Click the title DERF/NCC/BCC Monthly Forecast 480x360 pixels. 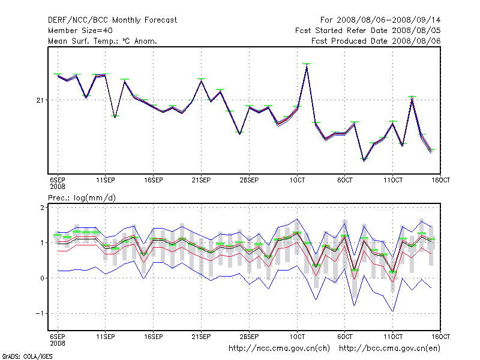[112, 20]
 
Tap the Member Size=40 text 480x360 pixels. [80, 31]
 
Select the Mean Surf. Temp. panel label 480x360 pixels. [102, 41]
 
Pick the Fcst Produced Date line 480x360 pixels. [376, 41]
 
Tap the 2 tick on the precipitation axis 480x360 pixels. [43, 208]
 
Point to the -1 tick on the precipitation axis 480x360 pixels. [41, 313]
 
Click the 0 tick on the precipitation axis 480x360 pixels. [43, 278]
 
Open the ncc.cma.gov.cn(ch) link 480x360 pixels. [280, 348]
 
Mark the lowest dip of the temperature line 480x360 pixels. [364, 161]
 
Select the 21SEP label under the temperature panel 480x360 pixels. [201, 179]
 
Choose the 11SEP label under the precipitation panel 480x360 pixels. [106, 335]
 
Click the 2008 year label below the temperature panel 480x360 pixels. [57, 187]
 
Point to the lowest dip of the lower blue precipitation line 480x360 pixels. [392, 311]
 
